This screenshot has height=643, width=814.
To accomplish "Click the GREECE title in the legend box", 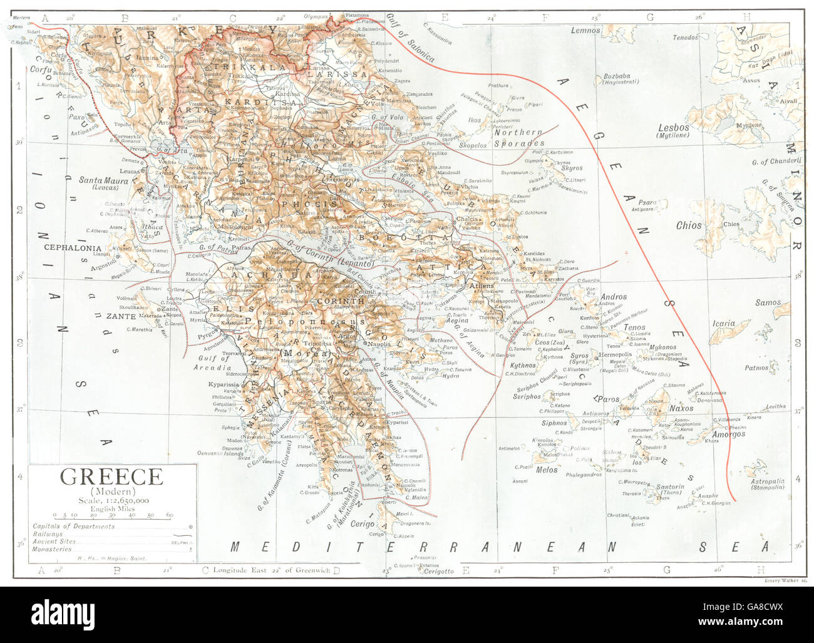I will click(111, 477).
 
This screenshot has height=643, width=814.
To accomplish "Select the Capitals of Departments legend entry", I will click(74, 527).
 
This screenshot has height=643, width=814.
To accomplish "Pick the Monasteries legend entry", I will click(52, 549).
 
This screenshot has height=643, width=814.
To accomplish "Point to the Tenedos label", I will click(685, 38).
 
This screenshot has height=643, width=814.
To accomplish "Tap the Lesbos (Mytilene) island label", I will click(673, 131).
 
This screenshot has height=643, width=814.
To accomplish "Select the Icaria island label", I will click(723, 324).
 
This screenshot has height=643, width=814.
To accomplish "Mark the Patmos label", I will click(756, 368).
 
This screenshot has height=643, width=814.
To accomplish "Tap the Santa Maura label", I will click(103, 181).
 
